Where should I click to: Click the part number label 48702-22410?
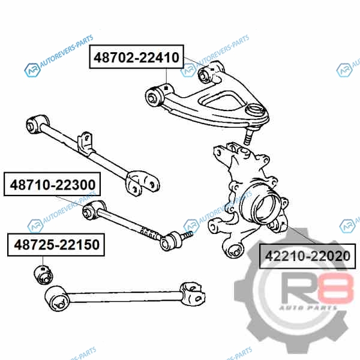click(136, 57)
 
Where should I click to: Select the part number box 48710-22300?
click(52, 184)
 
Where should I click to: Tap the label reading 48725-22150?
click(56, 245)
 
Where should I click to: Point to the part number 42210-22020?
click(308, 256)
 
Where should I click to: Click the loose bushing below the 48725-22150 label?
click(43, 274)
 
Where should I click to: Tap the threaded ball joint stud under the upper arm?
click(248, 136)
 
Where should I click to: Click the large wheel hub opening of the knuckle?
click(264, 208)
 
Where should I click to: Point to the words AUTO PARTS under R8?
click(308, 308)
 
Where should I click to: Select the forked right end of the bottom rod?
click(193, 294)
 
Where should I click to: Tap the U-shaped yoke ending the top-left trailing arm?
click(142, 183)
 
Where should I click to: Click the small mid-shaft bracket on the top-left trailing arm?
click(85, 143)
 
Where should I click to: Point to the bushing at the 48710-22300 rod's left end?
click(92, 211)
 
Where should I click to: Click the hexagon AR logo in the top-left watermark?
click(32, 70)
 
